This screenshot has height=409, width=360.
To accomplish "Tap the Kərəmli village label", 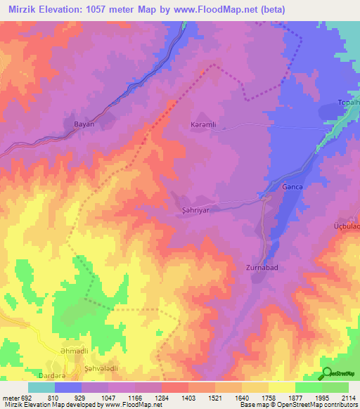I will point(207,122).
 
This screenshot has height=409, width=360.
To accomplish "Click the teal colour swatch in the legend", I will point(41,387).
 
